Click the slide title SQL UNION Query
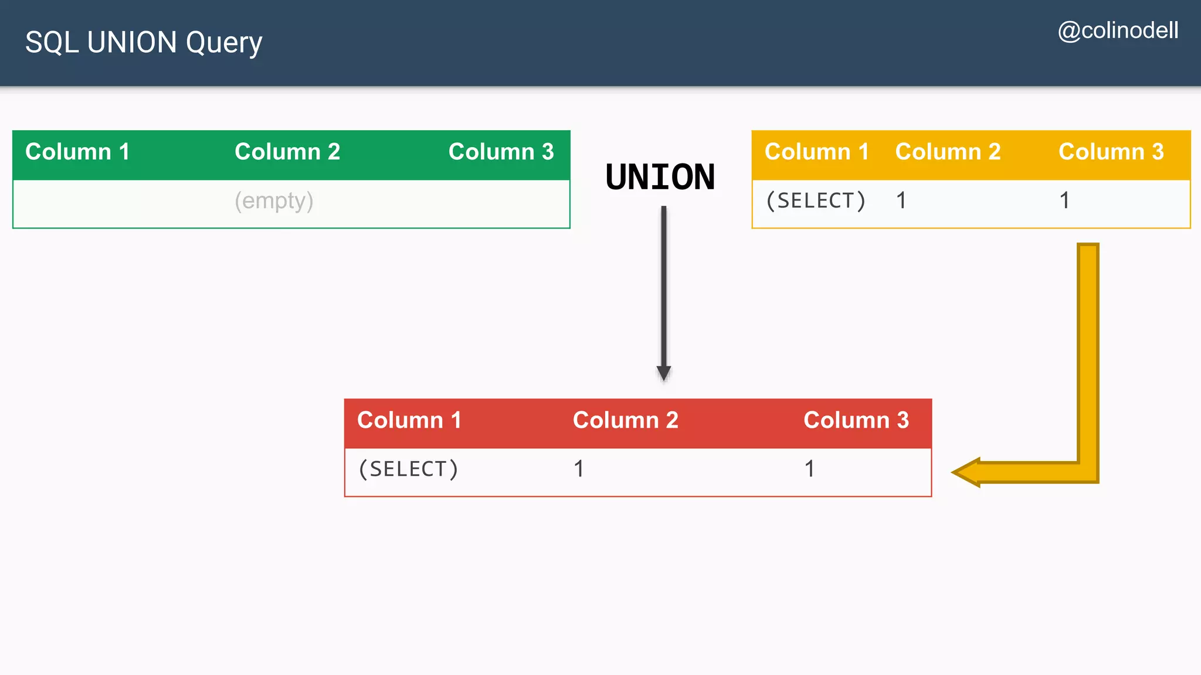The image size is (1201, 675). coord(144,43)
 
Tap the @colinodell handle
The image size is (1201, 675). coord(1118,30)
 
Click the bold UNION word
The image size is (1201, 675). coord(660,177)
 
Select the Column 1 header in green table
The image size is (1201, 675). coord(77,152)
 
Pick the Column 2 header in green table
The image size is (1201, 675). coord(287,152)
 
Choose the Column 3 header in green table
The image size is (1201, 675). coord(501,152)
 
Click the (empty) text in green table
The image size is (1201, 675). coord(274,201)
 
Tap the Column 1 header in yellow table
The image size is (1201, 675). coord(816,152)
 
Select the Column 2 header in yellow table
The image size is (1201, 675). coord(948,152)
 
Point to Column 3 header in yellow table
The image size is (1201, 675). coord(1111,152)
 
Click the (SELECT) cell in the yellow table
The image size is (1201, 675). coord(816,201)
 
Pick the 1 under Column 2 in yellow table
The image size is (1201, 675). coord(901,201)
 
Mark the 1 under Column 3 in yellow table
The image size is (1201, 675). coord(1064,201)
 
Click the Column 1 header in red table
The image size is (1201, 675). coord(409,420)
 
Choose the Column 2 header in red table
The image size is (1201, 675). coord(625,420)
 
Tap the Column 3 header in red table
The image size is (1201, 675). coord(856,420)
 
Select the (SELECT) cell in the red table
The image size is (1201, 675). coord(408,469)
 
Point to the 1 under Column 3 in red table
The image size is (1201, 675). coord(809,469)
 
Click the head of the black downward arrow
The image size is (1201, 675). coord(664,373)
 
